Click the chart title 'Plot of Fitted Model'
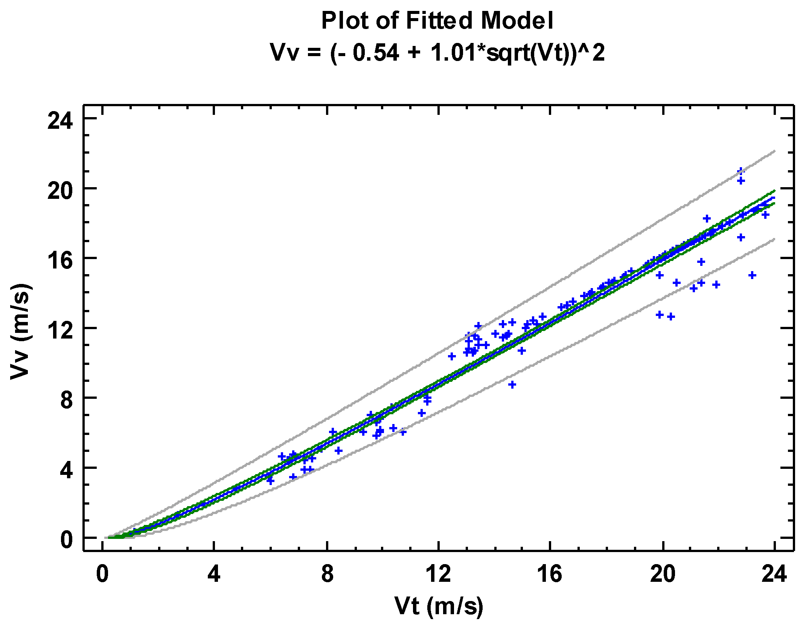(x=437, y=20)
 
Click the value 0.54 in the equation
(x=375, y=52)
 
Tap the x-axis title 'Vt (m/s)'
(x=439, y=606)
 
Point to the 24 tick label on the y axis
(x=59, y=121)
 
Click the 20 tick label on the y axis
(x=59, y=191)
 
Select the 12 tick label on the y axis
(x=59, y=331)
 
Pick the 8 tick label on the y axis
(x=66, y=400)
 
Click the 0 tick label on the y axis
(x=66, y=540)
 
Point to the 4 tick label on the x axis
(x=214, y=574)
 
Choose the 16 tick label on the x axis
(x=550, y=574)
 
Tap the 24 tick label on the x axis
(x=774, y=574)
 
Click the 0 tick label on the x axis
(x=102, y=574)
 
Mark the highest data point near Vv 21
(x=741, y=171)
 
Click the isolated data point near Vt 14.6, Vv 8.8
(x=512, y=384)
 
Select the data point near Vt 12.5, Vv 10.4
(x=452, y=356)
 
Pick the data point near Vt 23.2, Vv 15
(x=752, y=275)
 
